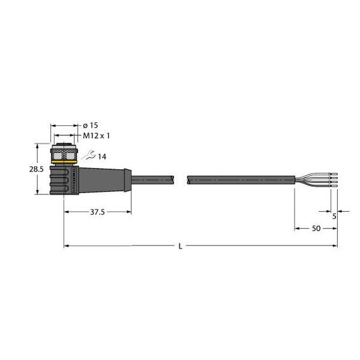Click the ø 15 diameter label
tap(90, 125)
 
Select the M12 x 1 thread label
tap(95, 136)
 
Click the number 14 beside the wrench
tap(102, 157)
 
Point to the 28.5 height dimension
tap(37, 170)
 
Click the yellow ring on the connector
tap(63, 161)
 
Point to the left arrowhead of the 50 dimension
tap(296, 228)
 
